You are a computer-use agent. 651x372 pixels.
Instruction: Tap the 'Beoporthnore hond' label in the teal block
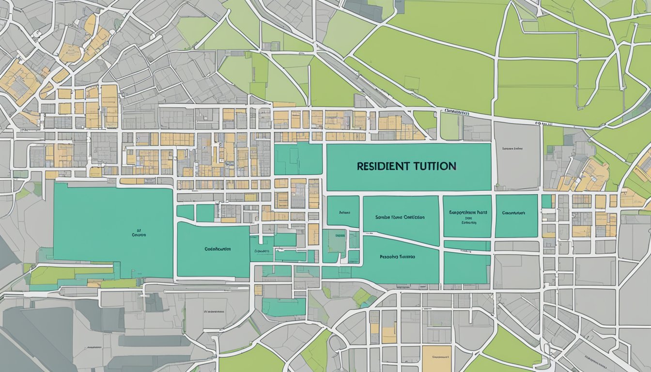pyautogui.click(x=468, y=212)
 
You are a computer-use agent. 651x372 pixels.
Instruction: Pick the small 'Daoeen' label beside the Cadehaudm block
pyautogui.click(x=262, y=251)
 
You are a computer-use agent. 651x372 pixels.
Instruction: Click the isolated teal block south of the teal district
pyautogui.click(x=284, y=307)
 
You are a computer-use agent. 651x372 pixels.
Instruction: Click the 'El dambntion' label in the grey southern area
pyautogui.click(x=214, y=312)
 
